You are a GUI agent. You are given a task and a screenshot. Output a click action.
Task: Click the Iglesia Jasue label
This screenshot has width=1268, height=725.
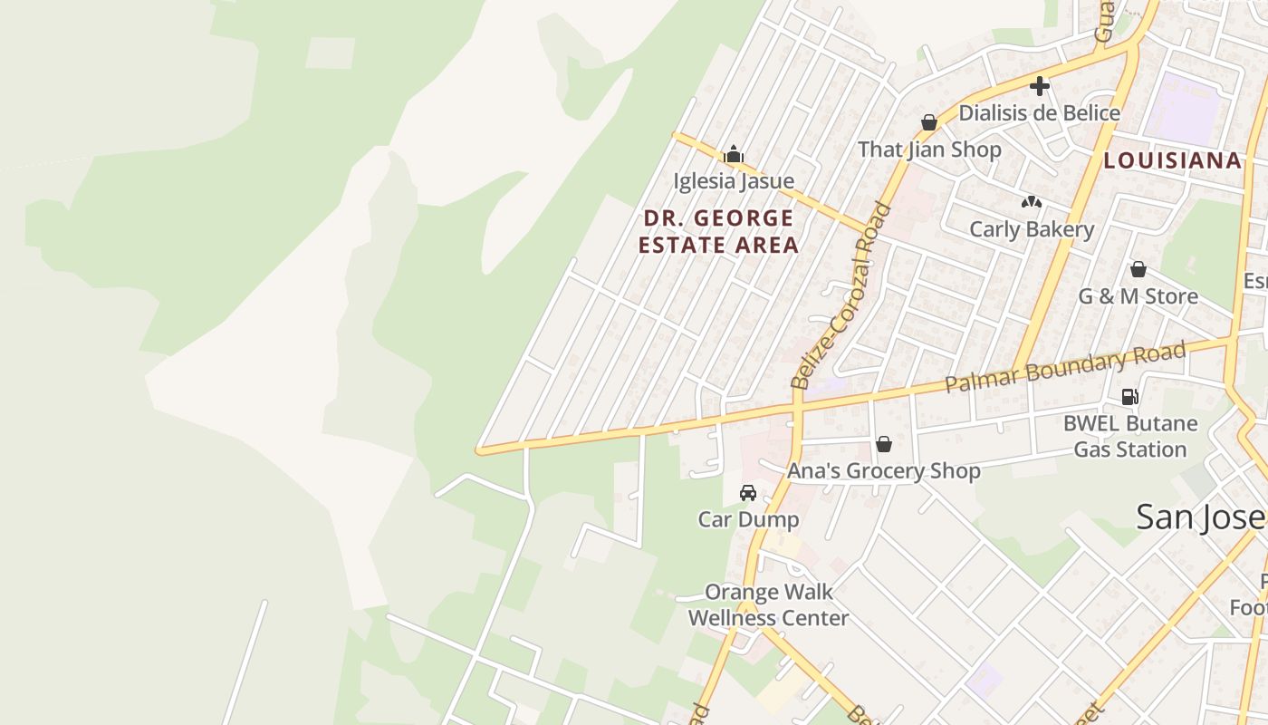tap(733, 181)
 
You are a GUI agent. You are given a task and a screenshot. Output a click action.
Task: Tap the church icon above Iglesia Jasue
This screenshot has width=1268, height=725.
tap(734, 155)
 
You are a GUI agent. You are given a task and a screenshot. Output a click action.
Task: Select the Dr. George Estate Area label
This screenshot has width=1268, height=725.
tap(718, 231)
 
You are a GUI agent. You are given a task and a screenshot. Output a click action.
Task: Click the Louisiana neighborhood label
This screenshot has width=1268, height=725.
tap(1172, 160)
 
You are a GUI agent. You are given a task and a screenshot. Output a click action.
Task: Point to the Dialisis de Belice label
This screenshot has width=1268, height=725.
tap(1039, 113)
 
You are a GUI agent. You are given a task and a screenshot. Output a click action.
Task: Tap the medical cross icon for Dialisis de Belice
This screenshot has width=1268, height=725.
tap(1040, 86)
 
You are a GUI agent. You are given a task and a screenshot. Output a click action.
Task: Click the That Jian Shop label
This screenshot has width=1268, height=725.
tap(929, 150)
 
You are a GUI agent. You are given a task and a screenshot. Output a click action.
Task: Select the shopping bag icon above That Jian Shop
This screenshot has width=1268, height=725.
tap(928, 122)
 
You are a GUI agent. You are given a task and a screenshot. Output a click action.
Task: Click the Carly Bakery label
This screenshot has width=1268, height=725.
tap(1032, 229)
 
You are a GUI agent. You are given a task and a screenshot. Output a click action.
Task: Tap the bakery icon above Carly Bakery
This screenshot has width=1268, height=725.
tap(1032, 202)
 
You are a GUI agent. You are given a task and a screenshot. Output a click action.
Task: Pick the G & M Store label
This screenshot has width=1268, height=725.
tap(1138, 296)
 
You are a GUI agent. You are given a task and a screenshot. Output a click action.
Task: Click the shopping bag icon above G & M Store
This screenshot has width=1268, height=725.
tap(1138, 269)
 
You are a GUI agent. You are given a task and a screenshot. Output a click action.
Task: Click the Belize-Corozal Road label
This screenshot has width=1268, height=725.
tap(841, 295)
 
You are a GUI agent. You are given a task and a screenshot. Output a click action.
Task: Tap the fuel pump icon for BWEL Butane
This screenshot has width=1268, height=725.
tap(1129, 396)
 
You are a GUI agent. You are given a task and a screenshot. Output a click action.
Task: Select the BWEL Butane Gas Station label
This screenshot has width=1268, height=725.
tap(1129, 436)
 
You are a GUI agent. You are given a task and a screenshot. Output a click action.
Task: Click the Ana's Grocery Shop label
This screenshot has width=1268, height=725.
tap(883, 471)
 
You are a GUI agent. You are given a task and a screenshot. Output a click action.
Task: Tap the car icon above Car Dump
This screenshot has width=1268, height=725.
tap(748, 493)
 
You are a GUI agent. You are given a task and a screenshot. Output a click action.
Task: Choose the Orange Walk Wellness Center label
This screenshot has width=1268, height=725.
tap(768, 604)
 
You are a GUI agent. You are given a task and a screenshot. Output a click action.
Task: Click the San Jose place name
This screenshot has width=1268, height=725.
tap(1200, 517)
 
